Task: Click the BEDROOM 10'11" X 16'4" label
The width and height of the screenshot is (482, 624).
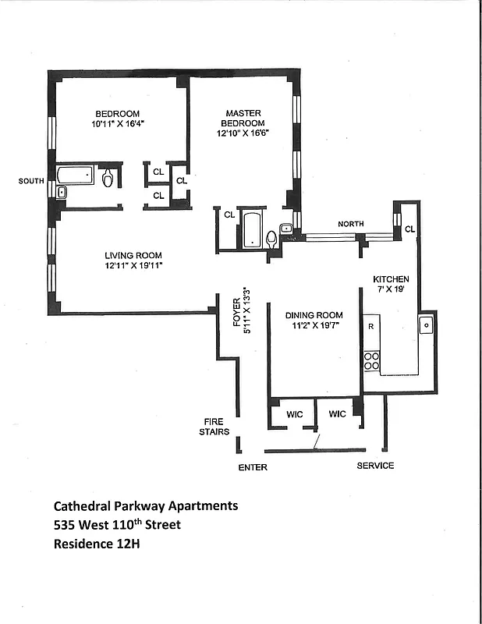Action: [x=119, y=118]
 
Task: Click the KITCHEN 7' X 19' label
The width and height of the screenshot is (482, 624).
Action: [x=391, y=283]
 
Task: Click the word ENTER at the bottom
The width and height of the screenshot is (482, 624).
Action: [x=253, y=467]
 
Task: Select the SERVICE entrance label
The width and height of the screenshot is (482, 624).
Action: [x=375, y=466]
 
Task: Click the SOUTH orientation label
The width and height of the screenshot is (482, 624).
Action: [x=31, y=181]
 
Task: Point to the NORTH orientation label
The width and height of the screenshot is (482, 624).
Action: [x=350, y=225]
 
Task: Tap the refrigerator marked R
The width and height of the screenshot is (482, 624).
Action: [x=371, y=327]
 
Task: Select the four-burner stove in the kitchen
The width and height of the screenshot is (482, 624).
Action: [x=371, y=360]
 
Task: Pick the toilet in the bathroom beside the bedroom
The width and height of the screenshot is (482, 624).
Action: [x=108, y=179]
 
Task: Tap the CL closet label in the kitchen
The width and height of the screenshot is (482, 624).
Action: [x=410, y=229]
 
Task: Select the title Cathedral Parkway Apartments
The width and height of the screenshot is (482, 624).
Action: [x=145, y=505]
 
